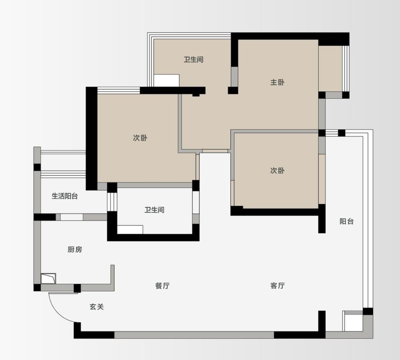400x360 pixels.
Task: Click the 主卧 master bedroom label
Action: pos(277,82)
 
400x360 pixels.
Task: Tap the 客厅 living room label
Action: pos(277,286)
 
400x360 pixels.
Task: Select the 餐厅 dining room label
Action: pos(162,286)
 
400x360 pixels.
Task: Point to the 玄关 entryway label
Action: pos(97,307)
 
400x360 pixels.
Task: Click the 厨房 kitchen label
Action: pos(75,249)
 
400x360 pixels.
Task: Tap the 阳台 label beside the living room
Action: pos(347,221)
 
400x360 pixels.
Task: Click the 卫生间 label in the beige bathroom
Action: pos(193,60)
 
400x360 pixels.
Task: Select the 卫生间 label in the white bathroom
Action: pos(154,210)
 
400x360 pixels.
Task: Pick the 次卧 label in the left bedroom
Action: pos(140,138)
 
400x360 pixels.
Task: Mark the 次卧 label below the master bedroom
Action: pos(277,170)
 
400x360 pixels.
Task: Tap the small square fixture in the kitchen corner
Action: pos(48,278)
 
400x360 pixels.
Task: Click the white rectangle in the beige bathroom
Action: pos(167,81)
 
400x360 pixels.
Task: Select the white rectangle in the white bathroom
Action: pos(130,229)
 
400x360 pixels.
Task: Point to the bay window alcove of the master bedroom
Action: pos(330,69)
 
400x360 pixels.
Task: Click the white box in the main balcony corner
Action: pos(353,321)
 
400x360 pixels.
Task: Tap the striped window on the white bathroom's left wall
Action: pos(112,202)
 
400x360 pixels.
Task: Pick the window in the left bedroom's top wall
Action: pos(119,90)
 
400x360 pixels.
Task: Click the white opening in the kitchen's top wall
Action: pos(72,217)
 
